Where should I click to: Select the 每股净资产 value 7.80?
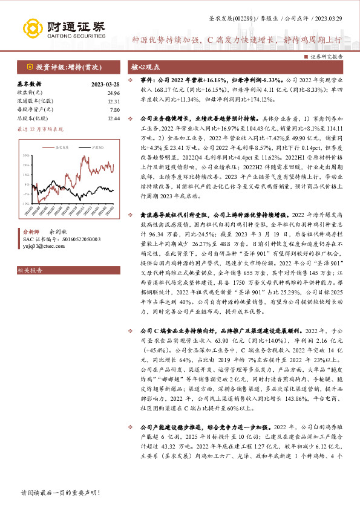[x=114, y=109]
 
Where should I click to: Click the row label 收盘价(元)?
[x=28, y=92]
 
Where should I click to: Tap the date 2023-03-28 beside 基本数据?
[x=105, y=84]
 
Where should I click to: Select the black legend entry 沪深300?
[x=89, y=147]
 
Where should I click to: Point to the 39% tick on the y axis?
[x=27, y=155]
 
